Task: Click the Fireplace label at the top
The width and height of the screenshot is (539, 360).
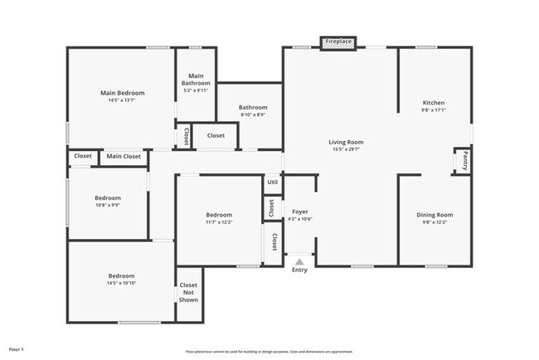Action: (337, 41)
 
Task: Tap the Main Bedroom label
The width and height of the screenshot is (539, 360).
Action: (123, 93)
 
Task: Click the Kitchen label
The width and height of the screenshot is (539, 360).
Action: (434, 103)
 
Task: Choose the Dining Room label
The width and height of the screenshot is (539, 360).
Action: (435, 215)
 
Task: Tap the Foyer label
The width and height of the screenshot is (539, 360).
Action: (300, 212)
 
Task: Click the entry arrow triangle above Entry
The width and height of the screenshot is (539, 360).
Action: (300, 261)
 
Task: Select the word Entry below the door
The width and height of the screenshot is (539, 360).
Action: (299, 270)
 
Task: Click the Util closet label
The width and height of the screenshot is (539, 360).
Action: (272, 182)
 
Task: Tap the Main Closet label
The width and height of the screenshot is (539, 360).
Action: (124, 156)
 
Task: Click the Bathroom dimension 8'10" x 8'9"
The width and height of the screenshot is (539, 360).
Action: (253, 114)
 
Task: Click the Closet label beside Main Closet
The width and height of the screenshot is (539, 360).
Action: (83, 156)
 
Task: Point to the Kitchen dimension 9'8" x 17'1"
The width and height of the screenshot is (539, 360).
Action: (434, 110)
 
